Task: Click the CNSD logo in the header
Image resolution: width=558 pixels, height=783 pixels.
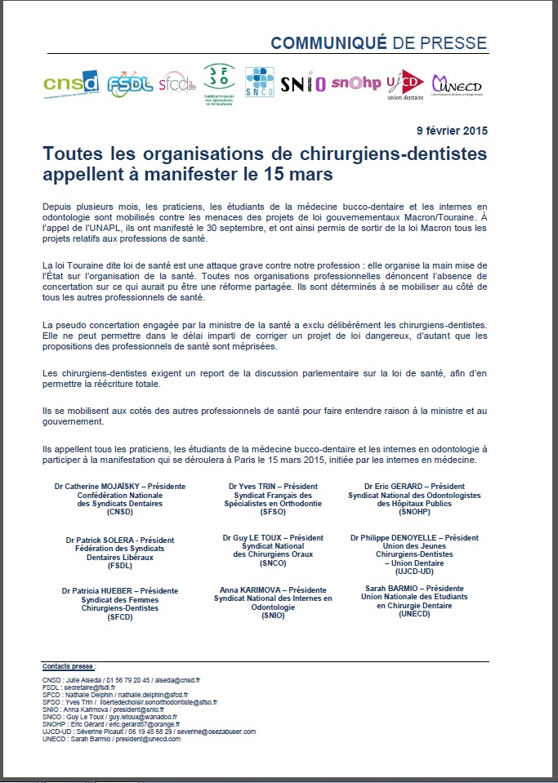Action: pyautogui.click(x=72, y=82)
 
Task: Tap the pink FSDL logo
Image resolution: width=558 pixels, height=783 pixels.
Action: pyautogui.click(x=130, y=82)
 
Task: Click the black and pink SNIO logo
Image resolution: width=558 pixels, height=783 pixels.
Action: pyautogui.click(x=302, y=83)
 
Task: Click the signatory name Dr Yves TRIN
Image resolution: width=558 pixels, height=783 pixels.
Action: pyautogui.click(x=252, y=487)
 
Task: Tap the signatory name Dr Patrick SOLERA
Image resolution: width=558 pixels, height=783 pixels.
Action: pyautogui.click(x=109, y=540)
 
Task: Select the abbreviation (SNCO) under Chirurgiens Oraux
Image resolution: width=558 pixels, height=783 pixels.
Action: pyautogui.click(x=273, y=563)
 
